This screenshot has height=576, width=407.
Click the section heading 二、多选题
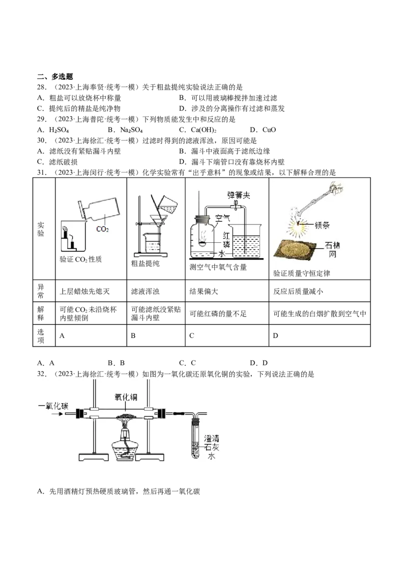55,76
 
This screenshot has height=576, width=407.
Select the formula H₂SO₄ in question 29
59,130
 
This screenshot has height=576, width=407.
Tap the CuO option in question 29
269,130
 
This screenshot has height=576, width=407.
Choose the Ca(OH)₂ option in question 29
203,130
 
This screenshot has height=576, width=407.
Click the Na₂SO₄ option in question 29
131,130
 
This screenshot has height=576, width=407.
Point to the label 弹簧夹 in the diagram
239,195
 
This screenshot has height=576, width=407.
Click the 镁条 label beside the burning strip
322,225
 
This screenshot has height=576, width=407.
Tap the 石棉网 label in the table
332,249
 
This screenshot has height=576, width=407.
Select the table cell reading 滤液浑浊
145,291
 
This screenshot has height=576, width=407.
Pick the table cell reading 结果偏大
203,291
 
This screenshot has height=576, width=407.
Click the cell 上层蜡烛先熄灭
84,291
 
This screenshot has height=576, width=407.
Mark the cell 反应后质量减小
298,291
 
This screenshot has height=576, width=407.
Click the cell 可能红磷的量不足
218,314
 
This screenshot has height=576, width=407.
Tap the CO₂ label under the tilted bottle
102,229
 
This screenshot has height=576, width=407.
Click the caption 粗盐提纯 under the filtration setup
146,264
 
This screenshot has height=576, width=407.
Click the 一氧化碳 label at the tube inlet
53,406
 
